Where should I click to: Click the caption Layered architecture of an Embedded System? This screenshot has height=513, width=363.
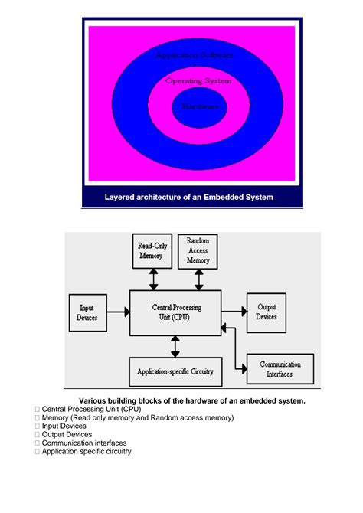188,197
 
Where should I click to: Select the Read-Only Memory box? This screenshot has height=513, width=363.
153,251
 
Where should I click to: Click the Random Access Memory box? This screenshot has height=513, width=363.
198,251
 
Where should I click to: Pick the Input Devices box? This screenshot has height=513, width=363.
87,312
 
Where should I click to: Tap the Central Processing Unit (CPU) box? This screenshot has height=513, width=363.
175,312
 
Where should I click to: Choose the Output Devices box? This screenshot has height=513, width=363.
266,312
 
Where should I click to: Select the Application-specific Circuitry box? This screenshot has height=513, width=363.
175,372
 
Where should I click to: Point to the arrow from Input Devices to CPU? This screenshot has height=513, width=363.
117,312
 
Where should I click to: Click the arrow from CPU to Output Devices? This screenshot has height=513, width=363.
234,312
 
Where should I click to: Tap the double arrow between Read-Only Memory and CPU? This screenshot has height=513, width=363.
154,279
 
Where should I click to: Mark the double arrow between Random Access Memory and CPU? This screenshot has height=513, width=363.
199,279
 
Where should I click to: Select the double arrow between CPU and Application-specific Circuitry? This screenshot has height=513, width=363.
175,347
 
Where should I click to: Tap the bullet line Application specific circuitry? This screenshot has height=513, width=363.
86,451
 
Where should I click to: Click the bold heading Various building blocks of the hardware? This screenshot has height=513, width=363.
192,400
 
